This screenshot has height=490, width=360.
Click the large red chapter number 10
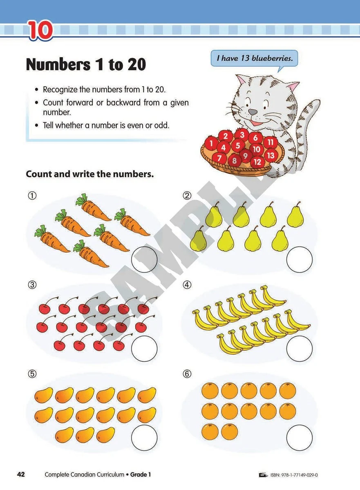point(40,31)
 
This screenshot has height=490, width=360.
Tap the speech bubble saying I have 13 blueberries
point(255,58)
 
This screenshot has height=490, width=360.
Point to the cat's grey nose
point(253,111)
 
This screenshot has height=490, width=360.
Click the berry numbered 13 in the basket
point(270,155)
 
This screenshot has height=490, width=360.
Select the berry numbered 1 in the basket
point(211,143)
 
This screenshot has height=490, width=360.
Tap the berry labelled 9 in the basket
point(245,155)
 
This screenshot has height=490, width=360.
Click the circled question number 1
point(31,196)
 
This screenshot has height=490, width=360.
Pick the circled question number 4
point(187,285)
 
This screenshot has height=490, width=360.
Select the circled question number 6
point(187,374)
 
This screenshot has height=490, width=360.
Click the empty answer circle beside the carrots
point(144,259)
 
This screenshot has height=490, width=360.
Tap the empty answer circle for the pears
point(300,259)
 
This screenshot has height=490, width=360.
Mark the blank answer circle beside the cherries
point(144,348)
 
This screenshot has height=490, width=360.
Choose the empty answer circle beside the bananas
point(300,348)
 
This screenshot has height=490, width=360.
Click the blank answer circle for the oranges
point(300,438)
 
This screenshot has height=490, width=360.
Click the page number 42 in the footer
point(21,474)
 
